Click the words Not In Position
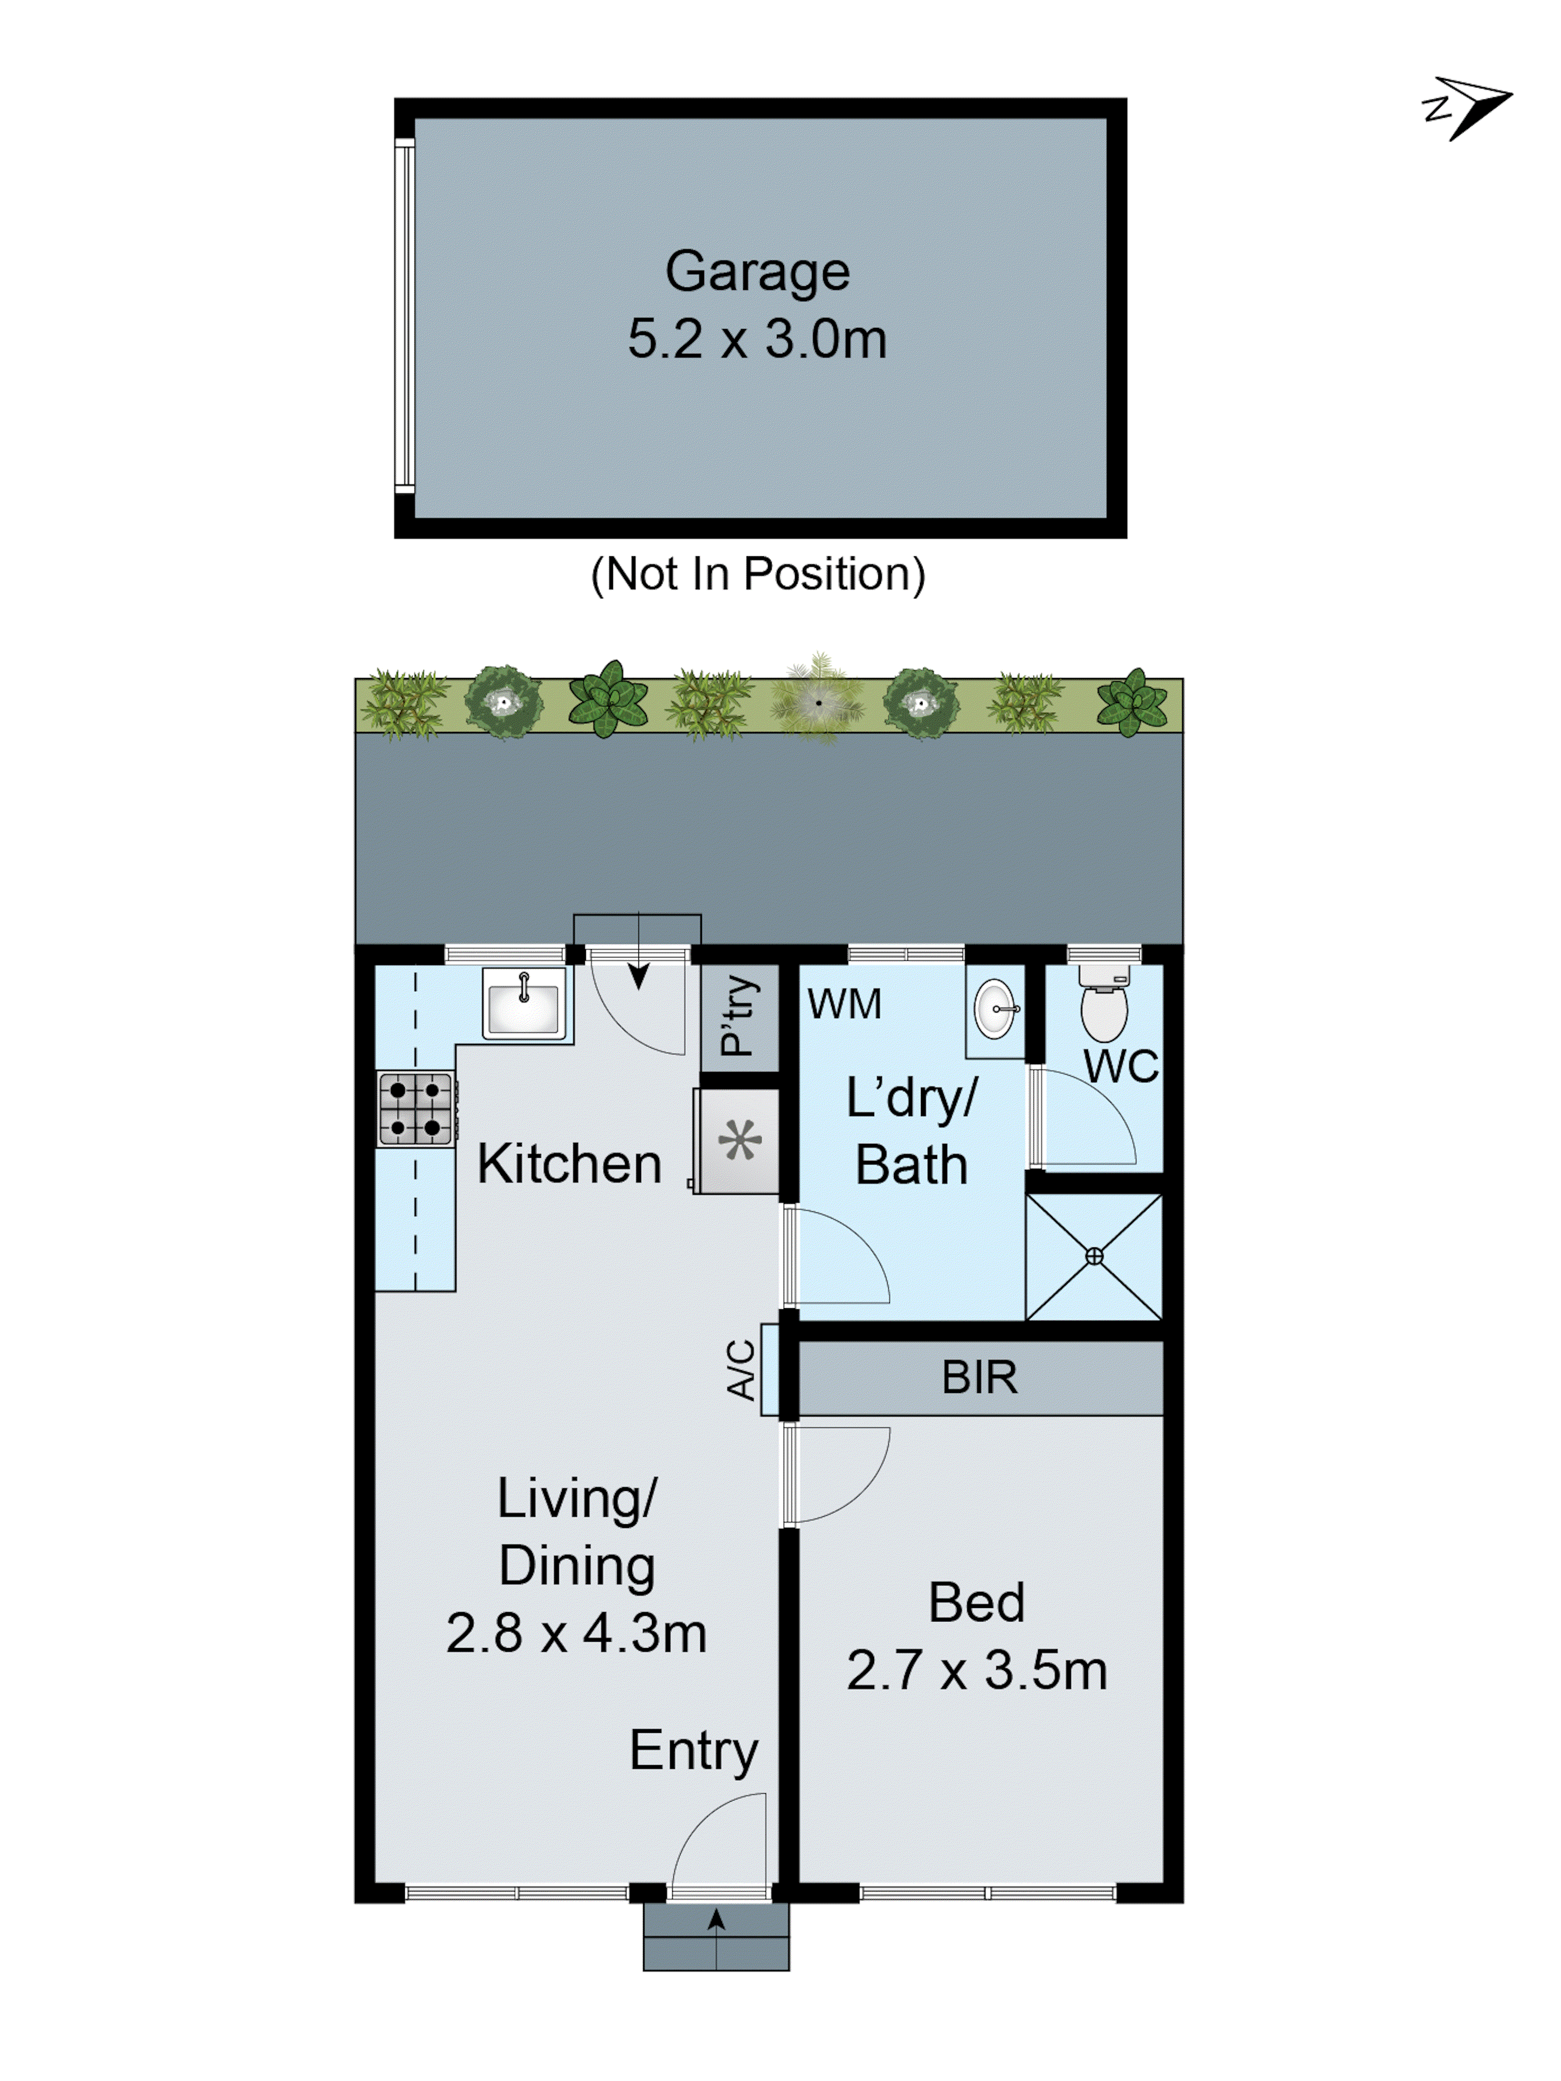[758, 574]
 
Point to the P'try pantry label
[739, 1015]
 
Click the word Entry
[694, 1751]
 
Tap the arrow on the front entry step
[716, 1920]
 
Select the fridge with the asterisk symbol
[739, 1141]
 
